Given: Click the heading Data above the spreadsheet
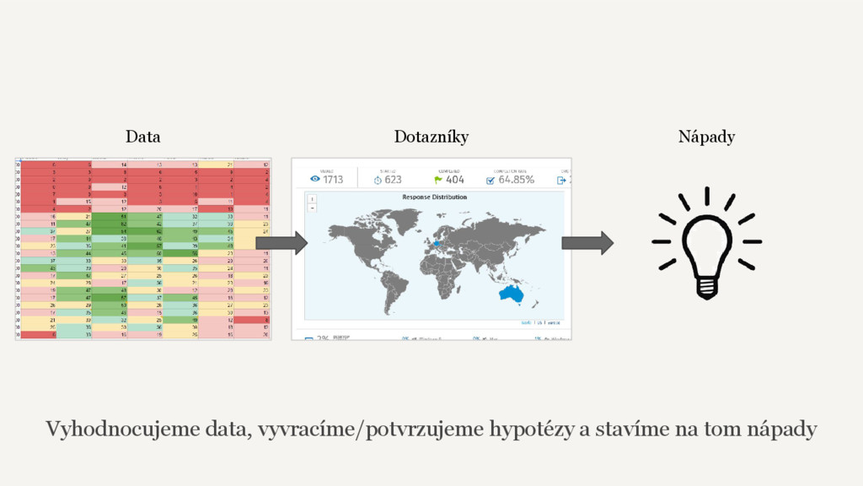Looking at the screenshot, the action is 142,136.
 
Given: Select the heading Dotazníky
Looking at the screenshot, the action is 431,136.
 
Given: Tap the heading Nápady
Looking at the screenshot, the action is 706,136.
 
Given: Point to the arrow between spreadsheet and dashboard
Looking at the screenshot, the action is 281,243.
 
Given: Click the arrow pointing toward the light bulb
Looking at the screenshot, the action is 587,243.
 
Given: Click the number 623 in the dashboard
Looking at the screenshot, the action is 393,179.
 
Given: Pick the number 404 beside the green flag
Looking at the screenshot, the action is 455,179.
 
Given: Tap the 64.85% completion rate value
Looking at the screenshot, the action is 517,179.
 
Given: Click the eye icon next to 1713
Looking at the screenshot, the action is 315,179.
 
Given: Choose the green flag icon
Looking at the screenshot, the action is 437,179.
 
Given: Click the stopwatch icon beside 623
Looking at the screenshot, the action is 378,179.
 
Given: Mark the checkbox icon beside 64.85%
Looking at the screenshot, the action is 490,179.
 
